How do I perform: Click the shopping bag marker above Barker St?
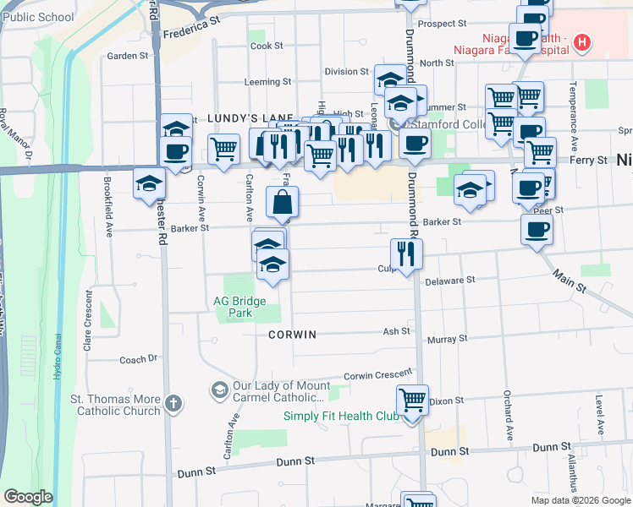282,203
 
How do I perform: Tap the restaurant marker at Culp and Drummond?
406,253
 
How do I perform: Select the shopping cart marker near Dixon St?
412,399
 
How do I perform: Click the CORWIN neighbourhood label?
292,335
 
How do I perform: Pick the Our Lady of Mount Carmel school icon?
219,389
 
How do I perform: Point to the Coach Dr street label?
139,359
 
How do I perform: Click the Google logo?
28,497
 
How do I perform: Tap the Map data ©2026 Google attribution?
580,500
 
